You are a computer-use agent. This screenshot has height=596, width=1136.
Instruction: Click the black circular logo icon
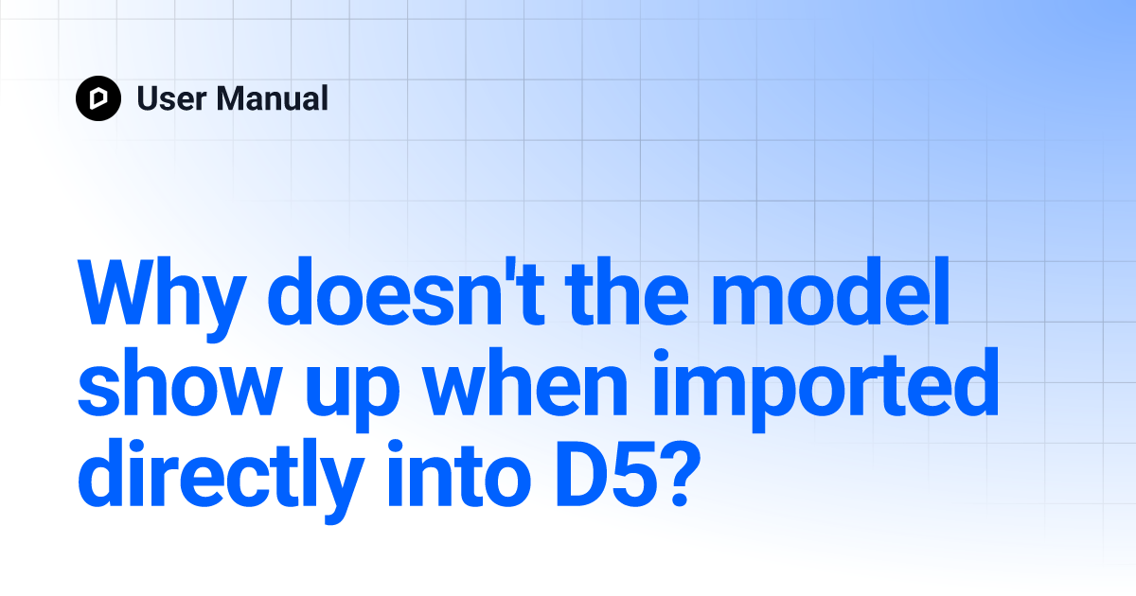coord(98,98)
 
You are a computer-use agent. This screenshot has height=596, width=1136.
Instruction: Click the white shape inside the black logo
coord(98,98)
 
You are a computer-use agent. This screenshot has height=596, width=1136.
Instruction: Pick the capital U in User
coord(147,98)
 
